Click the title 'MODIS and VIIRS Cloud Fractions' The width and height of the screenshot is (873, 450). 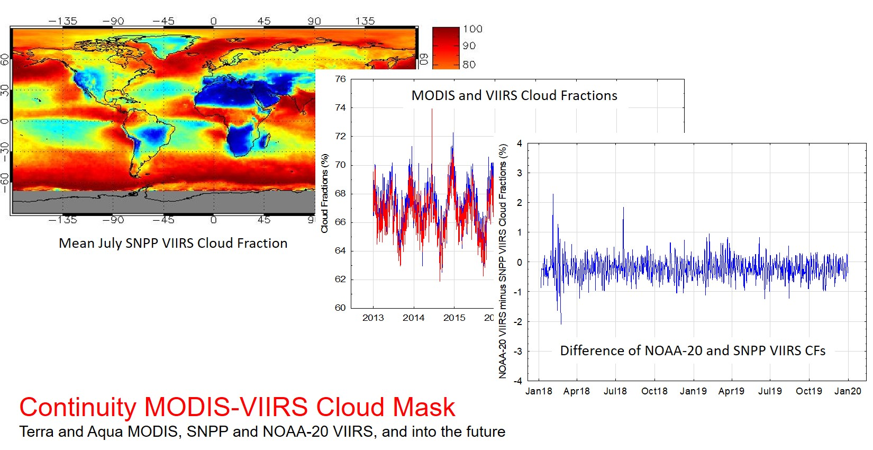point(514,96)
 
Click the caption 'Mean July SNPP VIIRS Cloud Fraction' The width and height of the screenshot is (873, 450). point(173,243)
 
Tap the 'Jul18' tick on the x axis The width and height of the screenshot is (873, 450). point(615,391)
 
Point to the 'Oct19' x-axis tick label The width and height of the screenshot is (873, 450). point(808,391)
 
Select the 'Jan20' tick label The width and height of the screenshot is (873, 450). point(848,391)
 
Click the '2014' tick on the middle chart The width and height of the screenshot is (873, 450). point(413,318)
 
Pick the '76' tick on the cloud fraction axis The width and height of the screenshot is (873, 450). point(340,79)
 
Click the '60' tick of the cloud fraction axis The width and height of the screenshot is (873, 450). point(340,308)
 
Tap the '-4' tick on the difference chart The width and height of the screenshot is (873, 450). point(518,381)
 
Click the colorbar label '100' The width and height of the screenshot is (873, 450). point(472,29)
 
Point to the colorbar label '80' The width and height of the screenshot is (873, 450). point(469,65)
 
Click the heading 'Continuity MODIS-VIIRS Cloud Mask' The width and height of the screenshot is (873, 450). point(237,407)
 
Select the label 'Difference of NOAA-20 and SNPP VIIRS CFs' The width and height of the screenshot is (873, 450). point(693,351)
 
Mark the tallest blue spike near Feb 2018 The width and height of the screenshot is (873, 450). point(553,195)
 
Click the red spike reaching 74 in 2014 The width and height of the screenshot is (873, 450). point(432,111)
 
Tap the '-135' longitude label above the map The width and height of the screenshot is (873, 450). point(62,21)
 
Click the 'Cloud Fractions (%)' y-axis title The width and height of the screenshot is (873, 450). point(324,193)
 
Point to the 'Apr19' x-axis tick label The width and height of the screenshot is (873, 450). point(731,391)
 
